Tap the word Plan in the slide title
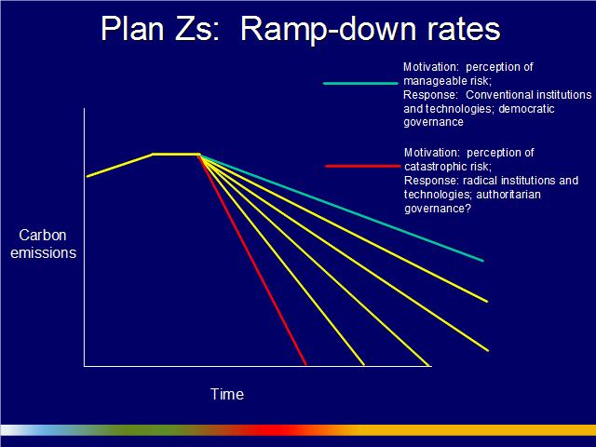(132, 29)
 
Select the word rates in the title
(464, 31)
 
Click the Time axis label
(227, 394)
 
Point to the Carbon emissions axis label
(43, 244)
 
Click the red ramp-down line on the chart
(252, 259)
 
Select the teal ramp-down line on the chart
(341, 208)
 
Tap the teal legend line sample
(360, 83)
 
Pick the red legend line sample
(362, 166)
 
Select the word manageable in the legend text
(435, 81)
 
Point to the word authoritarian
(508, 195)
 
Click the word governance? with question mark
(438, 209)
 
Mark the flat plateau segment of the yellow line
(176, 154)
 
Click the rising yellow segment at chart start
(119, 166)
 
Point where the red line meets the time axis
(306, 365)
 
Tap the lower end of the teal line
(483, 261)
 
